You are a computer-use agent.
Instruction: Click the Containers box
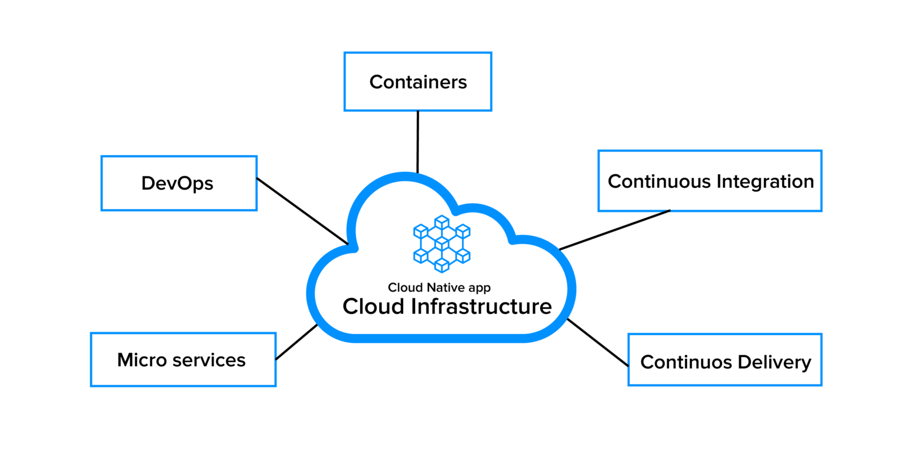click(418, 82)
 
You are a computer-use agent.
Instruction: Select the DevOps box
click(179, 183)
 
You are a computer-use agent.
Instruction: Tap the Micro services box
click(183, 360)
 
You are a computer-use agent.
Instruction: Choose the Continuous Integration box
click(710, 181)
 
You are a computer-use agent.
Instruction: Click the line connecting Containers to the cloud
click(418, 142)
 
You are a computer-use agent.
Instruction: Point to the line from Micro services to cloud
click(297, 342)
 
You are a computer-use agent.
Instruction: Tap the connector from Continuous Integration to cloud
click(614, 230)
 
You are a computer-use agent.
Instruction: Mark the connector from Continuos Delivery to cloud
click(597, 342)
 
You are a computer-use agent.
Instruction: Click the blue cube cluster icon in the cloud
click(442, 244)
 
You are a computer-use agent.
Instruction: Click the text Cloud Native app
click(439, 288)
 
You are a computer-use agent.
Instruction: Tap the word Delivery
click(774, 362)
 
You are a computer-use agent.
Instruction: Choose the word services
click(209, 360)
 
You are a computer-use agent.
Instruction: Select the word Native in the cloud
click(446, 288)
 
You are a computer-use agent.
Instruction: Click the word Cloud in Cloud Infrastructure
click(373, 307)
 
